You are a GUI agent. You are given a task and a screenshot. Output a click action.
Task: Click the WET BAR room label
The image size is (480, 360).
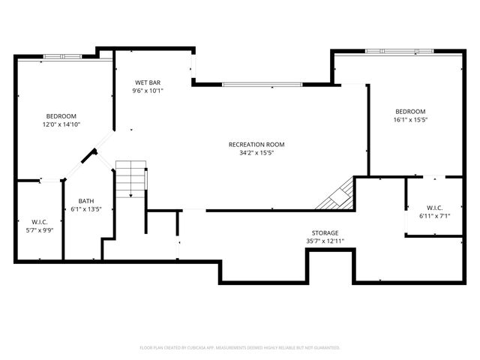148,82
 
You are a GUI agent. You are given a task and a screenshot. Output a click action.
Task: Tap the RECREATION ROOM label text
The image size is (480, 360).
256,144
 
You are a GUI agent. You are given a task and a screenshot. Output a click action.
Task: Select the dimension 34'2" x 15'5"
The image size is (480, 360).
256,152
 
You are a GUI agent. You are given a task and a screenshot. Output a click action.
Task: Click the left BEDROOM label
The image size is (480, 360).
61,116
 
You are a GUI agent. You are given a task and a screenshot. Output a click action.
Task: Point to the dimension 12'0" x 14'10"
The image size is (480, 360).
61,124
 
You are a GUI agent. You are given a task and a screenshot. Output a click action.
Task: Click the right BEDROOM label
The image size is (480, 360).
410,111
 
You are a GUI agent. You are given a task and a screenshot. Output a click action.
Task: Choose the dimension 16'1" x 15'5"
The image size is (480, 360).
410,119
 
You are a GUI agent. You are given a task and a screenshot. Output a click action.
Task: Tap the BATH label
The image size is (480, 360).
85,201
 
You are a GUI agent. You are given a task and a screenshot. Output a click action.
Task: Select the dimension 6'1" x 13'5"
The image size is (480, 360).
85,209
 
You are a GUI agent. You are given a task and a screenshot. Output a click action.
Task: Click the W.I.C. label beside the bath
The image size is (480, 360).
39,221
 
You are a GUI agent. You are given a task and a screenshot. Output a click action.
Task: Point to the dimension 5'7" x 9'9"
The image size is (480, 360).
39,229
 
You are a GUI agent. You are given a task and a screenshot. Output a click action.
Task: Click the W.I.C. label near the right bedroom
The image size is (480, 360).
434,208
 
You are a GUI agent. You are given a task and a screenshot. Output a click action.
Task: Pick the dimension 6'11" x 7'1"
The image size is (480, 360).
434,216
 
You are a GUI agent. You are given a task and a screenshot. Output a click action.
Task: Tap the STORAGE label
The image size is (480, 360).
325,233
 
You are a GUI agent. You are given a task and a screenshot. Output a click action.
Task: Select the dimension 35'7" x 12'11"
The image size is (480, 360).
325,241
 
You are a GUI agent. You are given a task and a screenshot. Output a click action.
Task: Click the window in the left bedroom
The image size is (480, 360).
63,56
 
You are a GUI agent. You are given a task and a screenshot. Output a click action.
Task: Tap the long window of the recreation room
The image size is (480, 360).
262,84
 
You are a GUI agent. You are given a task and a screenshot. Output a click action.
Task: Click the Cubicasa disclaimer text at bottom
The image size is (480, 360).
240,348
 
